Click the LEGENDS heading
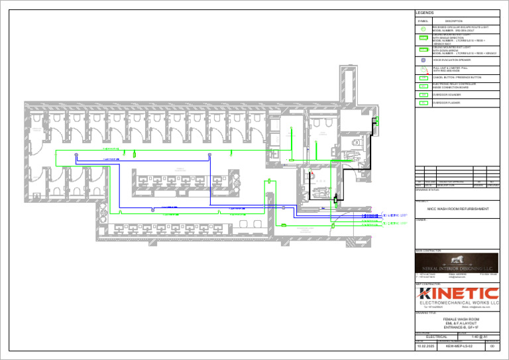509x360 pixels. coord(425,13)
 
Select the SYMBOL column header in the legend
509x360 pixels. coord(424,21)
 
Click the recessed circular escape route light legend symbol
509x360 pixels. coord(424,29)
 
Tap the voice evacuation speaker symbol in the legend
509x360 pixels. coord(424,60)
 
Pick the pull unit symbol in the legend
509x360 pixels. coord(424,69)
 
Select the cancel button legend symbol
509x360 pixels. coord(424,78)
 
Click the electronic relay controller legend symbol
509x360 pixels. coord(424,86)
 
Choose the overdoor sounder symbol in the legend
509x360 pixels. coord(424,95)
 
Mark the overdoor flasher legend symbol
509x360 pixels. coord(424,103)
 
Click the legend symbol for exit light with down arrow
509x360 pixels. coord(424,50)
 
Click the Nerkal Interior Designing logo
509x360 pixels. coord(456,263)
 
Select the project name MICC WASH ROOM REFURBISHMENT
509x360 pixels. coord(458,209)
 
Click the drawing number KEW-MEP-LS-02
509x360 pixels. coord(459,347)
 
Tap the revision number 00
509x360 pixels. coord(491,347)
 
